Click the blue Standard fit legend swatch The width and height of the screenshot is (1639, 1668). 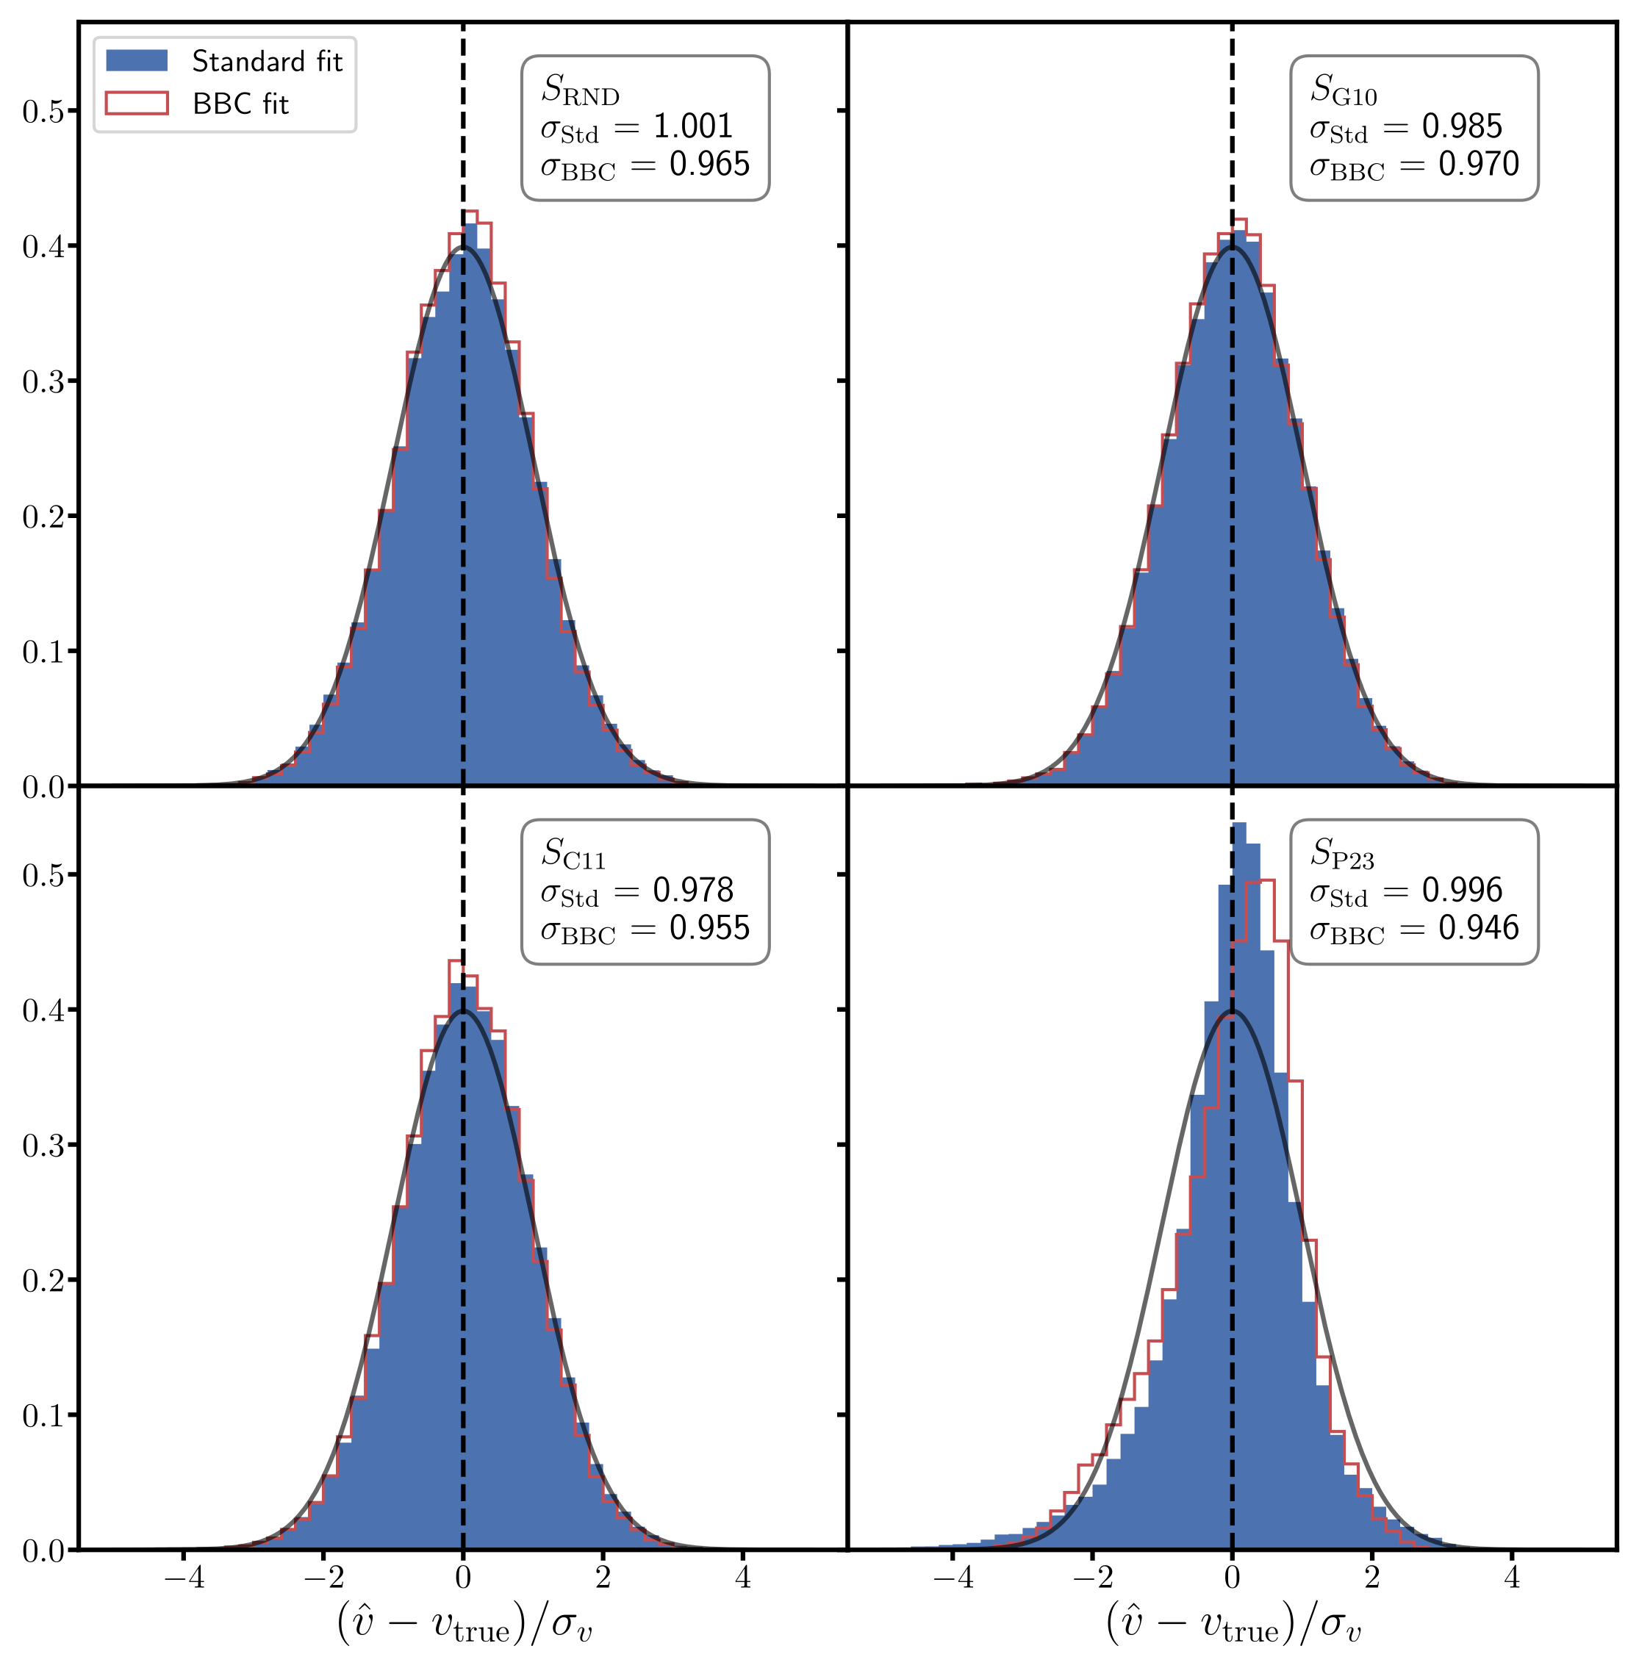[136, 61]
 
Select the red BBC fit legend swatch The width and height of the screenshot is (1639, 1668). [136, 104]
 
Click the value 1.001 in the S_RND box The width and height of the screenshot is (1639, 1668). [692, 126]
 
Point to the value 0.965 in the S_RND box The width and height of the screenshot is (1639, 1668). [709, 165]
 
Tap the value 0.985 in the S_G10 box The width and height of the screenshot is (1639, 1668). [1462, 126]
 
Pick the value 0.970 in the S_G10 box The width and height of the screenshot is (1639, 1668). [1478, 165]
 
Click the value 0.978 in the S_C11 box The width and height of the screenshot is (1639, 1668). [692, 890]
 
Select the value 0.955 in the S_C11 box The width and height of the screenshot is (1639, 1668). [709, 928]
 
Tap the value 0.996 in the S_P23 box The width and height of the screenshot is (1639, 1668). [1462, 890]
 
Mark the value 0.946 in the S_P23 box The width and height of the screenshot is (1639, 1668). [1478, 928]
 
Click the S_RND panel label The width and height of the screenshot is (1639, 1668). [579, 90]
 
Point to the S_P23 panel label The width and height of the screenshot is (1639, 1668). [1341, 854]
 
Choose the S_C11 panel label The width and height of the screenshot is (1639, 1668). [573, 854]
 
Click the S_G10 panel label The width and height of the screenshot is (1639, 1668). [1343, 90]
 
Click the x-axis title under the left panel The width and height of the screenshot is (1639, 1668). [464, 1624]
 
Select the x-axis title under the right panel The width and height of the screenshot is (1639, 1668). [1233, 1624]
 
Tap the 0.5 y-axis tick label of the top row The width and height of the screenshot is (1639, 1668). [43, 111]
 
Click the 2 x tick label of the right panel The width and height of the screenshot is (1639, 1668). [1372, 1578]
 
